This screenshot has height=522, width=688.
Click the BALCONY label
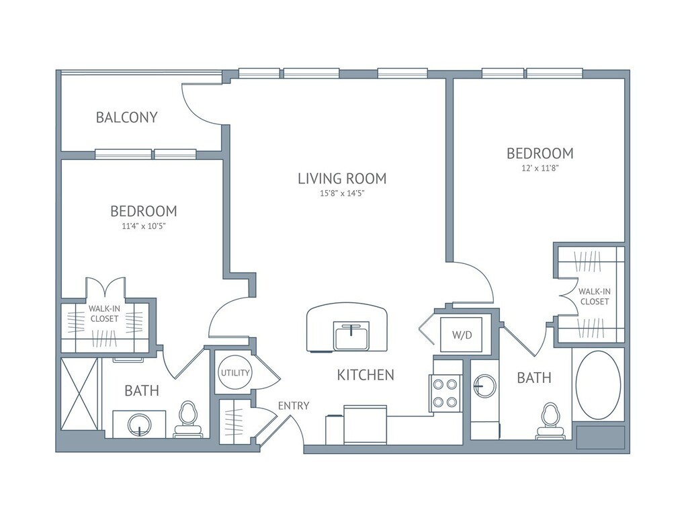(126, 118)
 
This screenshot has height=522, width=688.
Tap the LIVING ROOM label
(342, 179)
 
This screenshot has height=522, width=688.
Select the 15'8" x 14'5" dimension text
(342, 193)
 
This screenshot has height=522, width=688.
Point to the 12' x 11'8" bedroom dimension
(540, 168)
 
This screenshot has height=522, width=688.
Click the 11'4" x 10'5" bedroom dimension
(144, 226)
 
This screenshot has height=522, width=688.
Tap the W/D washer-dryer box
(462, 335)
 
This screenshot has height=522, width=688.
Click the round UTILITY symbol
(234, 373)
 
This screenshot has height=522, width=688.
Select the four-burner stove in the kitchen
(445, 393)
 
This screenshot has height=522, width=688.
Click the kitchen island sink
(351, 335)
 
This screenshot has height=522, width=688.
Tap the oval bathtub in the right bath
(598, 386)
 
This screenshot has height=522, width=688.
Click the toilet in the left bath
(189, 419)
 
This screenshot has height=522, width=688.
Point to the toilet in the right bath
(550, 421)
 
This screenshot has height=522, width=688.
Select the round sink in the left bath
(140, 425)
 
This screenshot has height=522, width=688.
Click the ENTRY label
(294, 406)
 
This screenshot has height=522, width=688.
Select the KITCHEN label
(365, 375)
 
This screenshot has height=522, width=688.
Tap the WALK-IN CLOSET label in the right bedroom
(595, 296)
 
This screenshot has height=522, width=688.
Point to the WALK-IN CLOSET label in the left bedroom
(104, 314)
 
